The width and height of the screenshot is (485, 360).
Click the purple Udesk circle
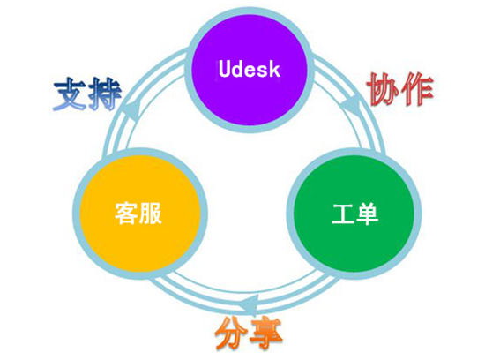point(249,69)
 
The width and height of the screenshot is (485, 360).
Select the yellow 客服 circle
point(140,214)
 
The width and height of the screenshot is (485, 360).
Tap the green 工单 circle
point(354,214)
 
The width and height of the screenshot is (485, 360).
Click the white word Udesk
point(250,69)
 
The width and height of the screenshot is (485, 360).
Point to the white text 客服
point(138,214)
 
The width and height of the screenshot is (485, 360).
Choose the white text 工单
point(355,214)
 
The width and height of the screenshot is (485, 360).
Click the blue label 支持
point(87,94)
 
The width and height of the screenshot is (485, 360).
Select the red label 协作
point(400,89)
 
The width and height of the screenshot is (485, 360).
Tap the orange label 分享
point(249,334)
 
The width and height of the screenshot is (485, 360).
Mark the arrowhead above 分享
point(250,303)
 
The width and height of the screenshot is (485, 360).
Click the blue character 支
point(70,94)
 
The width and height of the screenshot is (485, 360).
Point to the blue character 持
point(105,94)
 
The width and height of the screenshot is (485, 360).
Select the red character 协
point(383,89)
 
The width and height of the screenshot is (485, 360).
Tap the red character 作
point(418,89)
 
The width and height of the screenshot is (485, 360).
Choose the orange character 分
point(231,334)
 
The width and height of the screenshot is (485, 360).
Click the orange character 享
point(266,334)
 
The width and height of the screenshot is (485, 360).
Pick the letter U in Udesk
point(225,69)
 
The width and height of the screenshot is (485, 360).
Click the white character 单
point(367,214)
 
